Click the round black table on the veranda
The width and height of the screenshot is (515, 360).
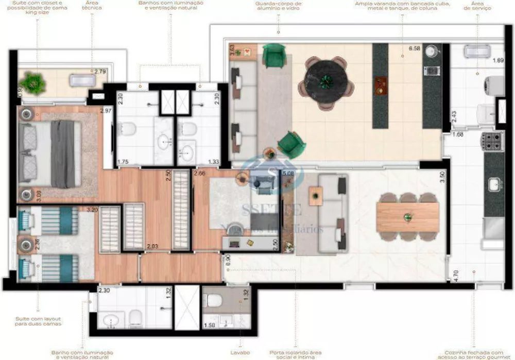325,80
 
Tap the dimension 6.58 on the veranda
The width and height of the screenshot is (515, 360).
415,48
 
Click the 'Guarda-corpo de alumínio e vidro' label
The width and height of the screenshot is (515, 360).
278,6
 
